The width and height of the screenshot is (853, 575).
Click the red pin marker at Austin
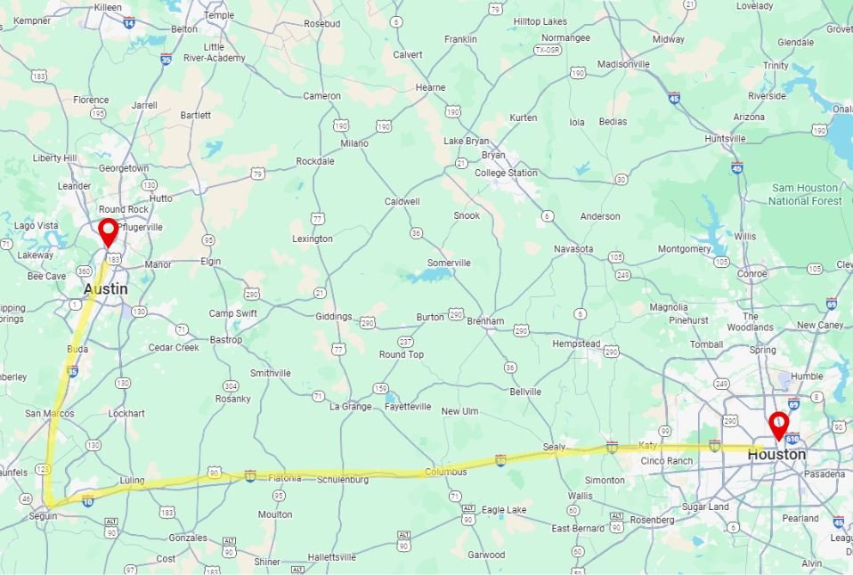pyautogui.click(x=108, y=231)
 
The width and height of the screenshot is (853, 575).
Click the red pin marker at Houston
pyautogui.click(x=778, y=425)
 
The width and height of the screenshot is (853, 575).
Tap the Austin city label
pyautogui.click(x=105, y=289)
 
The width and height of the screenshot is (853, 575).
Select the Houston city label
pyautogui.click(x=776, y=454)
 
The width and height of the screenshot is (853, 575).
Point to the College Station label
pyautogui.click(x=505, y=173)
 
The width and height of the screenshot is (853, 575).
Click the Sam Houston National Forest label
pyautogui.click(x=804, y=194)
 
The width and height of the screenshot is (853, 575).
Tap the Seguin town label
pyautogui.click(x=42, y=515)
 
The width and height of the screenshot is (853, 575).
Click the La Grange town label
pyautogui.click(x=349, y=407)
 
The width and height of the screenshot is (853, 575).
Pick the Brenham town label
pyautogui.click(x=485, y=320)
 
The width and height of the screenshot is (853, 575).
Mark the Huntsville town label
pyautogui.click(x=724, y=139)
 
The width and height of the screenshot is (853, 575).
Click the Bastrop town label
pyautogui.click(x=225, y=340)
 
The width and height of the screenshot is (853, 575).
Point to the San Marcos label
pyautogui.click(x=47, y=413)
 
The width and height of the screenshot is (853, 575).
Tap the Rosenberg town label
pyautogui.click(x=652, y=520)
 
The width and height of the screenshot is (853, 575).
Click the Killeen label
pyautogui.click(x=107, y=6)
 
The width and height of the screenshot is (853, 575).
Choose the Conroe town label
pyautogui.click(x=751, y=273)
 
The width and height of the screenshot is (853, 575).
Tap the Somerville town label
pyautogui.click(x=449, y=263)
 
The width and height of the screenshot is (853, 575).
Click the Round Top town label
pyautogui.click(x=402, y=354)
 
